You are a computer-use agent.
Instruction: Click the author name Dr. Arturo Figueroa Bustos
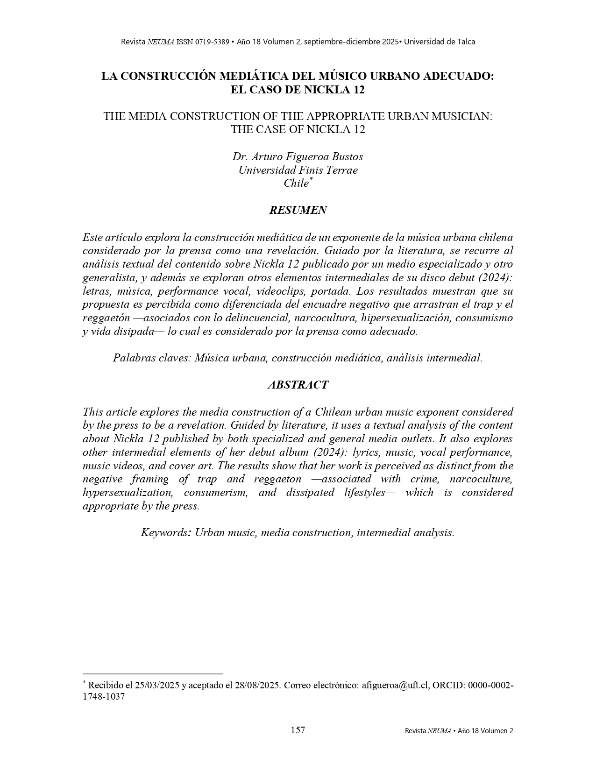point(298,156)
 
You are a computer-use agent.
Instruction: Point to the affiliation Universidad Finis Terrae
point(298,170)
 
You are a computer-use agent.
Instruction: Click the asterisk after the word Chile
point(311,179)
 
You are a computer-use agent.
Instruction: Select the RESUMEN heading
point(298,210)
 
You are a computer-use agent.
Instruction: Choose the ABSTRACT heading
point(298,385)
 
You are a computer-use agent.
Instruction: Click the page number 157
point(298,730)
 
